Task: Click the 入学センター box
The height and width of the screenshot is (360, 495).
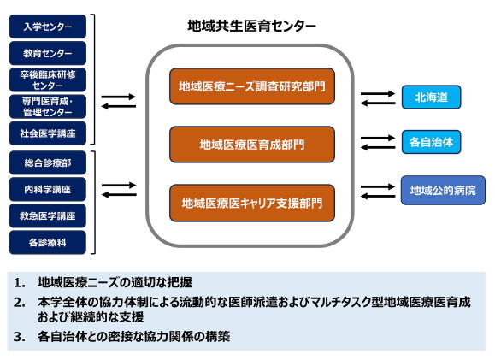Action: pyautogui.click(x=48, y=27)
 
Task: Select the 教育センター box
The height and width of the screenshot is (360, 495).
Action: pyautogui.click(x=48, y=53)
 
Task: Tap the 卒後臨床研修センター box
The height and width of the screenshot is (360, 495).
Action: pyautogui.click(x=48, y=80)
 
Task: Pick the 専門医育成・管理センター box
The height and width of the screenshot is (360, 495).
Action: pyautogui.click(x=48, y=106)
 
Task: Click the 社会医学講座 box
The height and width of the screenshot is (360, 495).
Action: pyautogui.click(x=48, y=133)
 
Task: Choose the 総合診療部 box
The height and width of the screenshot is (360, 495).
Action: pyautogui.click(x=48, y=163)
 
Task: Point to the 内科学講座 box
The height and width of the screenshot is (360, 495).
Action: pyautogui.click(x=48, y=190)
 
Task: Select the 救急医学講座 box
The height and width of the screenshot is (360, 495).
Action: pyautogui.click(x=48, y=216)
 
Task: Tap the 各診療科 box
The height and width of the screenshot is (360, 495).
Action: pyautogui.click(x=48, y=243)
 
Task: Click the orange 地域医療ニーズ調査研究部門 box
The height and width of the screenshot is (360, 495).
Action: pyautogui.click(x=252, y=86)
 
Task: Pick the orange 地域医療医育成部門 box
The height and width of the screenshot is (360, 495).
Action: pyautogui.click(x=252, y=145)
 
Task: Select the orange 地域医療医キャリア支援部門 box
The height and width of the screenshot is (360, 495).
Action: pyautogui.click(x=252, y=203)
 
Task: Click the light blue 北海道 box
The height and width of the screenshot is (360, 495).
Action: pyautogui.click(x=431, y=97)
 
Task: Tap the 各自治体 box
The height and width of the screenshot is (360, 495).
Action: pyautogui.click(x=431, y=142)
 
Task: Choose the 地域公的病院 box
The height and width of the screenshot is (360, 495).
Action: pyautogui.click(x=443, y=191)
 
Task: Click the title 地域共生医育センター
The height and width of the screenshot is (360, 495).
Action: pyautogui.click(x=251, y=26)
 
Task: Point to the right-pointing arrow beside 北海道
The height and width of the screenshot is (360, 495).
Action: pyautogui.click(x=378, y=93)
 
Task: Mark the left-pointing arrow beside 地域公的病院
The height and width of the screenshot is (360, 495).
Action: pyautogui.click(x=378, y=197)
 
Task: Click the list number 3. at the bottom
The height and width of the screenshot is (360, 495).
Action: pyautogui.click(x=20, y=337)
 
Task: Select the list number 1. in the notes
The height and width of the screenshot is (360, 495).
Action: pyautogui.click(x=20, y=283)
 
